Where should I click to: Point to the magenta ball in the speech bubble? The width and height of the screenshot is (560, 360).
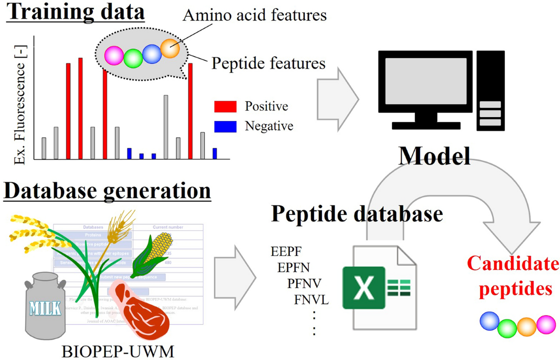pyautogui.click(x=114, y=56)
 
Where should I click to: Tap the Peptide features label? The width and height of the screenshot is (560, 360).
pyautogui.click(x=268, y=63)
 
